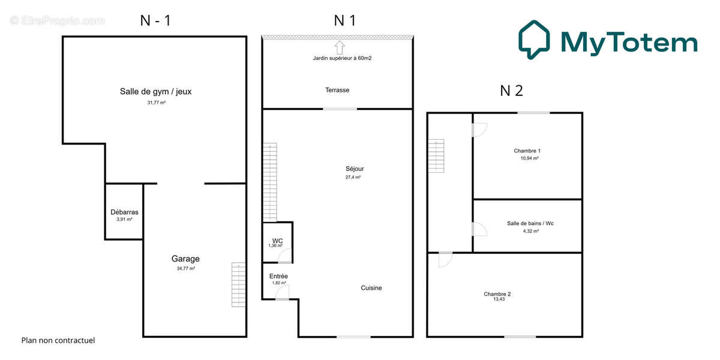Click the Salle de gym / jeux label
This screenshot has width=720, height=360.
click(x=155, y=92)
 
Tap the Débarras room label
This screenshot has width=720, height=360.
click(x=124, y=212)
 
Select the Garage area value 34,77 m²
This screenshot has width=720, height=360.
click(x=185, y=269)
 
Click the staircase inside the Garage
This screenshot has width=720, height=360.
click(x=239, y=285)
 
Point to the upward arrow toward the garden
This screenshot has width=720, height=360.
click(x=340, y=47)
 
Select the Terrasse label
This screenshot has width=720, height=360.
click(x=337, y=90)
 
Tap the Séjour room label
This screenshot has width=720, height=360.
click(x=355, y=169)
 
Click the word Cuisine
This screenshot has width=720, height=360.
click(x=371, y=288)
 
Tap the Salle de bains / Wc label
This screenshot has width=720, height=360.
click(x=530, y=223)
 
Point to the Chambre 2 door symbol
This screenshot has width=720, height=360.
click(x=445, y=260)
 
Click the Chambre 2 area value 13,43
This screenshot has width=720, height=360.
click(x=497, y=299)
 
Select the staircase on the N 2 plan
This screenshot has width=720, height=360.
click(x=436, y=155)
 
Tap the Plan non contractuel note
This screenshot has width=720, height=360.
click(x=58, y=340)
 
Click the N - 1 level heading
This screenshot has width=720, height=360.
click(x=155, y=20)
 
